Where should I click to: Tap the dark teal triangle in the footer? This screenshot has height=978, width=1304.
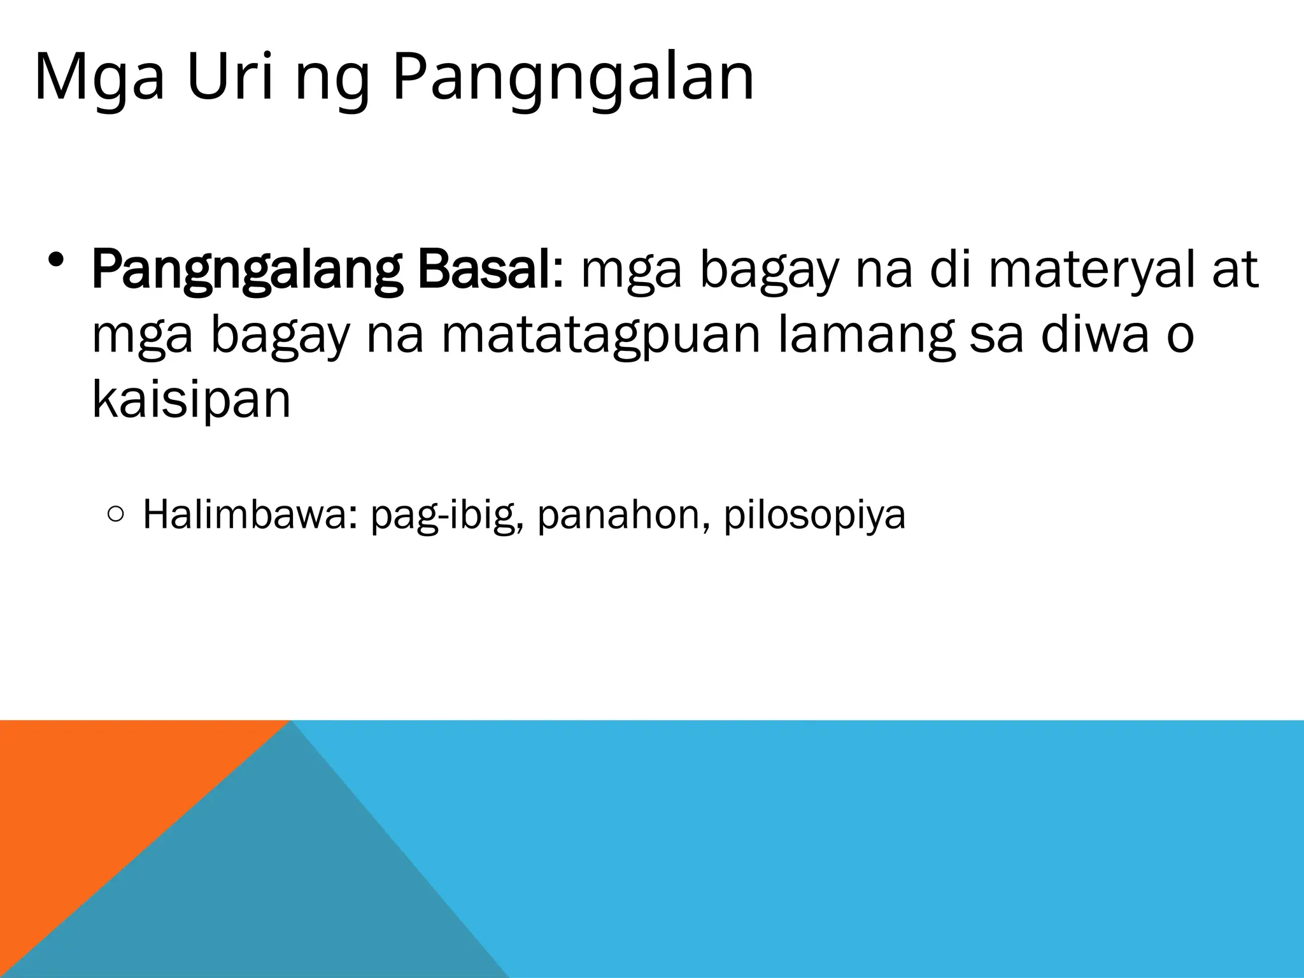tap(287, 891)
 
